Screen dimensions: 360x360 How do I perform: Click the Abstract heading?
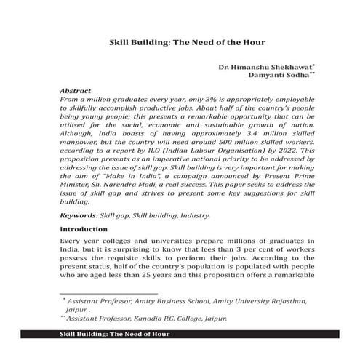point(79,94)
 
